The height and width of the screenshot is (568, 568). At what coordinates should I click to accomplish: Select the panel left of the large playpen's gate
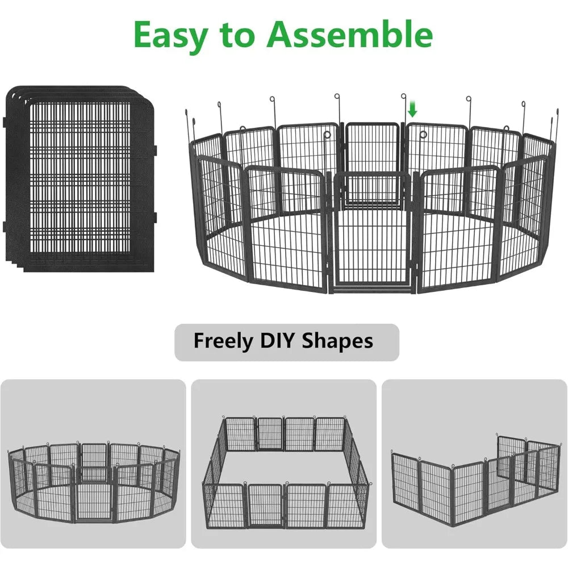pyautogui.click(x=287, y=227)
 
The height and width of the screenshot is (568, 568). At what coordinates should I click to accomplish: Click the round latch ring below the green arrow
pyautogui.click(x=424, y=135)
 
